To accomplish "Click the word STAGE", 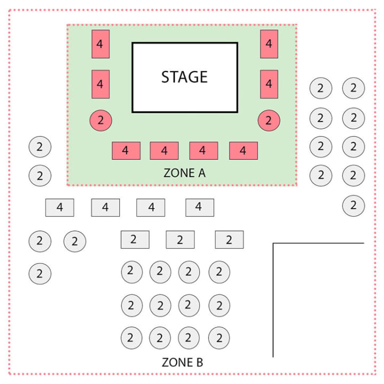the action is [x=185, y=77].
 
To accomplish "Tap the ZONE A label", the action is [x=185, y=173].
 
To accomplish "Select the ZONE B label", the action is [x=182, y=362].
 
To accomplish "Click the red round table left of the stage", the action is [x=101, y=120].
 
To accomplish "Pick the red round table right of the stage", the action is [x=269, y=120].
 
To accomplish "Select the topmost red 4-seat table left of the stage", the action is [x=101, y=44].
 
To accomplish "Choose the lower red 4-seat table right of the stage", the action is [x=269, y=84].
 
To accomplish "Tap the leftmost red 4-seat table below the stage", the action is [x=126, y=150].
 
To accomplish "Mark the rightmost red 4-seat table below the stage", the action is [x=243, y=150].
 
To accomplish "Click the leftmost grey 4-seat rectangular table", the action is [x=60, y=207].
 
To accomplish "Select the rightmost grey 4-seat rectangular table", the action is [x=200, y=207].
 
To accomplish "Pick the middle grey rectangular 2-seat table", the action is [x=180, y=239].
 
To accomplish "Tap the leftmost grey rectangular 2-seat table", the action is [x=135, y=239].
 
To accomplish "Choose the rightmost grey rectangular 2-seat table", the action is [x=229, y=239].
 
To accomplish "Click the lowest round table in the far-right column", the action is [x=354, y=205].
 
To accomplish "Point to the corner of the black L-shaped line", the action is [x=273, y=243].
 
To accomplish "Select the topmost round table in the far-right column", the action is [x=354, y=88].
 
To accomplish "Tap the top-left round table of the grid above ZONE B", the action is [x=132, y=272].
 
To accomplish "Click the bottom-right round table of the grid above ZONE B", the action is [x=219, y=338].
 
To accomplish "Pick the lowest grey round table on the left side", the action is [x=40, y=274].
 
